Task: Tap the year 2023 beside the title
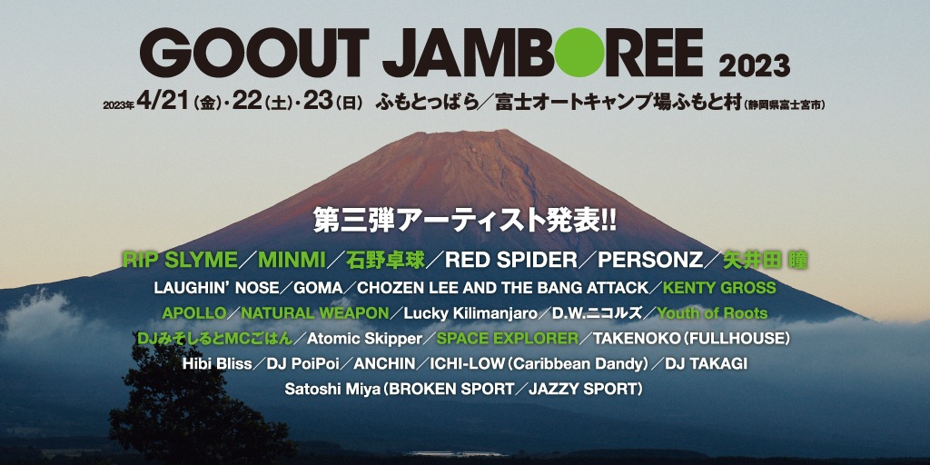(x=754, y=65)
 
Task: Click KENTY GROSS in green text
(x=719, y=288)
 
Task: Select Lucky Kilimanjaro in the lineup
(x=470, y=313)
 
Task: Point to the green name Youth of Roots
(x=712, y=313)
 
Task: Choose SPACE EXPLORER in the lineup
(x=507, y=338)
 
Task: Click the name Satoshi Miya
(x=332, y=389)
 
